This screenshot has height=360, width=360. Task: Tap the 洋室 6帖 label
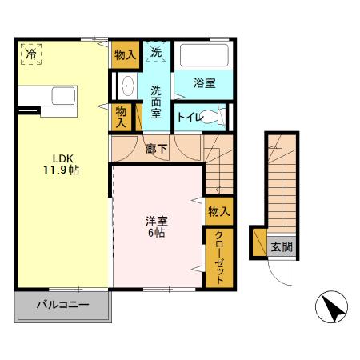(156, 227)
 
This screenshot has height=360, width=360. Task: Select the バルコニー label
(62, 306)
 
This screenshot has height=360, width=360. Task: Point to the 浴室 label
(204, 83)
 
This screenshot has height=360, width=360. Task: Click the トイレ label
(190, 117)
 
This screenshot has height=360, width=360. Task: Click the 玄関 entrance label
(281, 246)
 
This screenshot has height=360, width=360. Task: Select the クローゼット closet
(218, 258)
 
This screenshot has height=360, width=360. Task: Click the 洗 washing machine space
(157, 53)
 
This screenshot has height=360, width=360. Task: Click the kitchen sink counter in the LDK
(50, 99)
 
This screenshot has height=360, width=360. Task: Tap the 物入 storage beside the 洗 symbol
(123, 54)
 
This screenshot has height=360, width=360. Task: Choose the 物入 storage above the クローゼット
(218, 211)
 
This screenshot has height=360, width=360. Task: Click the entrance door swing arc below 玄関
(282, 272)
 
